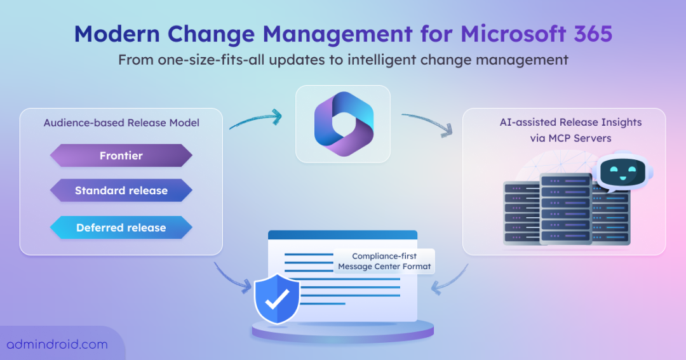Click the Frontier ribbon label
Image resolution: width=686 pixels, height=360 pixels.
tap(121, 156)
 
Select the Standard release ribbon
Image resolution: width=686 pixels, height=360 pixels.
tap(121, 190)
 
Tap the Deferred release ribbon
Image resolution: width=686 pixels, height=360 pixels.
tap(121, 227)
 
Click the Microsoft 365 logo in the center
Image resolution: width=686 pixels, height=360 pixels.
tap(344, 124)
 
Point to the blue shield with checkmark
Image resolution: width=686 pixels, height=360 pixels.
tap(277, 298)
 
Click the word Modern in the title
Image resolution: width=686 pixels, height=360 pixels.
tap(118, 34)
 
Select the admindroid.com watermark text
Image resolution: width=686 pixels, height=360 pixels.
tap(57, 344)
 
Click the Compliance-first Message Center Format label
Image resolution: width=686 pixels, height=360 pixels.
tap(384, 261)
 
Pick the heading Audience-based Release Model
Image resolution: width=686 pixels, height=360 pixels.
tap(121, 123)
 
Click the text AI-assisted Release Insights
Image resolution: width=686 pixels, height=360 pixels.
tap(570, 123)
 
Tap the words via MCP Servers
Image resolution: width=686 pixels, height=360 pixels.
tap(570, 138)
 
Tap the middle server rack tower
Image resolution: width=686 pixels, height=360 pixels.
tap(566, 209)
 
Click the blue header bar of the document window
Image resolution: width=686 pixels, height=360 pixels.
tap(342, 235)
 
